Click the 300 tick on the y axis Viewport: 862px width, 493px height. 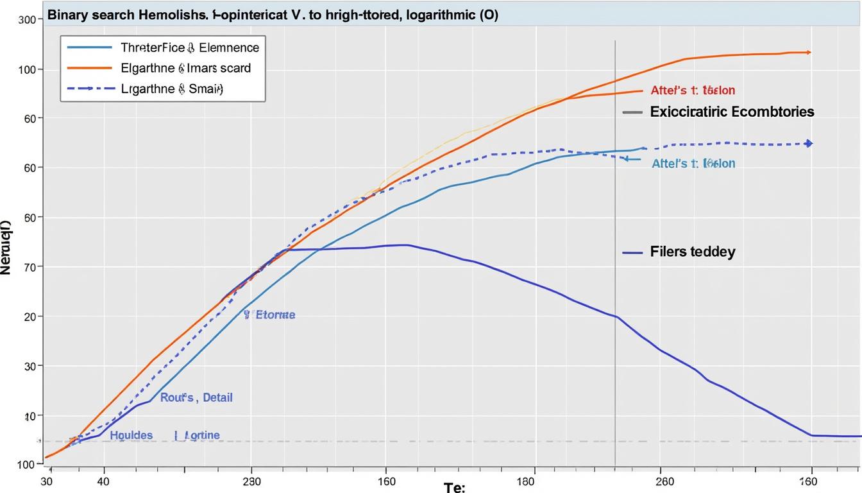pos(26,20)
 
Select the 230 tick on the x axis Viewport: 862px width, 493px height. pos(251,481)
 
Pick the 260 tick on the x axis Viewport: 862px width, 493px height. pos(665,481)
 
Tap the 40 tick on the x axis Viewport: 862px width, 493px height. pos(103,481)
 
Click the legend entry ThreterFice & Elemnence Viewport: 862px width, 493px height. pos(190,48)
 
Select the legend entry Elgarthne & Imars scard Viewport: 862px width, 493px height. pos(185,67)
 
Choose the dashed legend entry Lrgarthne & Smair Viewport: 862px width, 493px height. pos(172,89)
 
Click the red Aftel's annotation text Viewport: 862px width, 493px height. pos(693,91)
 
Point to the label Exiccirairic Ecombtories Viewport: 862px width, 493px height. pos(732,112)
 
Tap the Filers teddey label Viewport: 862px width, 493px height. pos(692,252)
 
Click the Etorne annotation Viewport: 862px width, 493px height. pos(275,315)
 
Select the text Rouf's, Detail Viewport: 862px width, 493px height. pos(196,397)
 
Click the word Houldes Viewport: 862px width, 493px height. pos(131,435)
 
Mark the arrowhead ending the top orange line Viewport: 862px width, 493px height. pos(809,52)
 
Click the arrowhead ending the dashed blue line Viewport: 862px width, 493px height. pos(809,144)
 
